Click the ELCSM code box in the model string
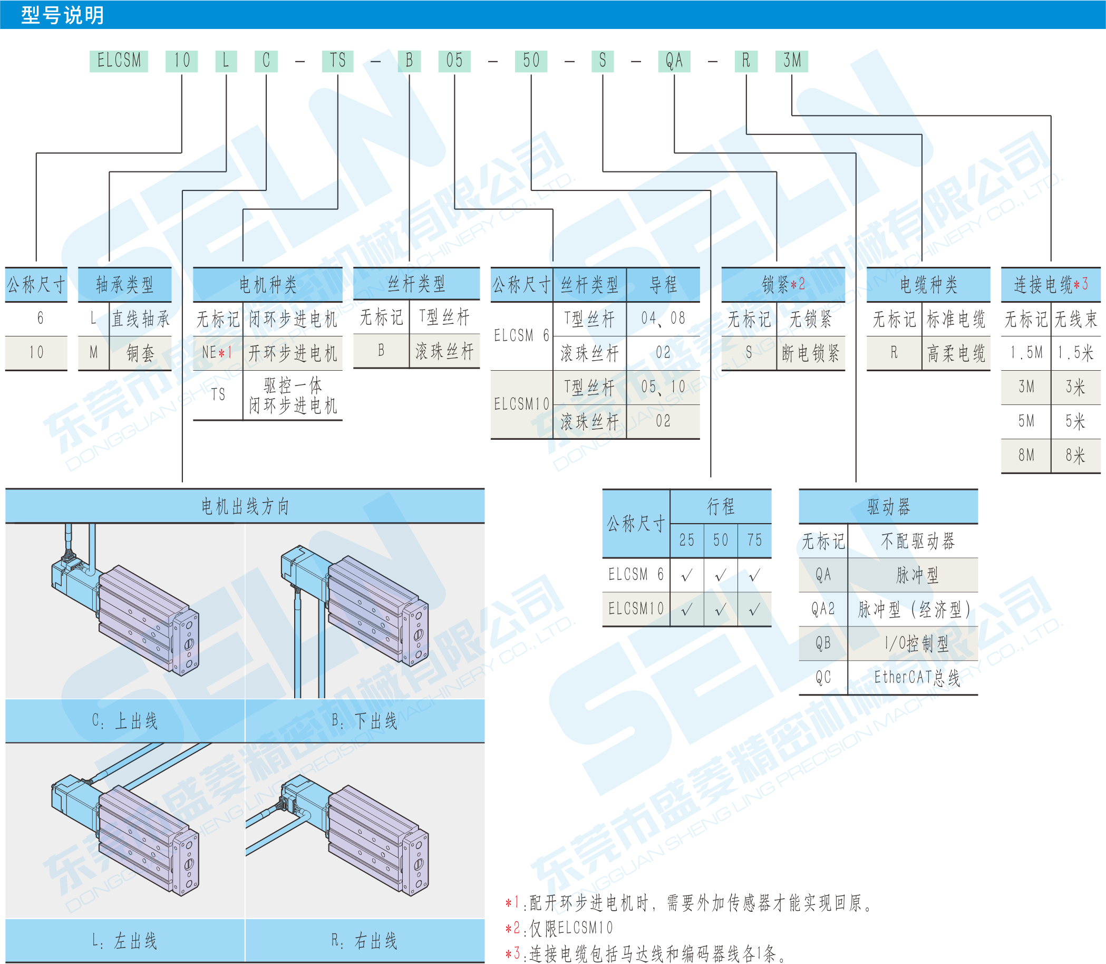[x=119, y=60]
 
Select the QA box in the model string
[x=674, y=60]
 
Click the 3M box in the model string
[x=791, y=60]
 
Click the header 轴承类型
[x=125, y=284]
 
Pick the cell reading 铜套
[x=140, y=353]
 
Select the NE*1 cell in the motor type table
[x=217, y=353]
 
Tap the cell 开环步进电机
[x=293, y=353]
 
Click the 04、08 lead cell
[x=663, y=319]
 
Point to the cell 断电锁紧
[x=810, y=353]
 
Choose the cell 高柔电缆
[x=956, y=353]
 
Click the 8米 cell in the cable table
[x=1075, y=456]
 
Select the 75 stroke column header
[x=754, y=540]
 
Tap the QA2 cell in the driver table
[x=823, y=610]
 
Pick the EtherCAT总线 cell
[x=917, y=678]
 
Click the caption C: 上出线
[x=125, y=721]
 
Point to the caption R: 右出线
[x=365, y=941]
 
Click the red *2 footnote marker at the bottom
[x=512, y=928]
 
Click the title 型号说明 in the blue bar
[x=62, y=15]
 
